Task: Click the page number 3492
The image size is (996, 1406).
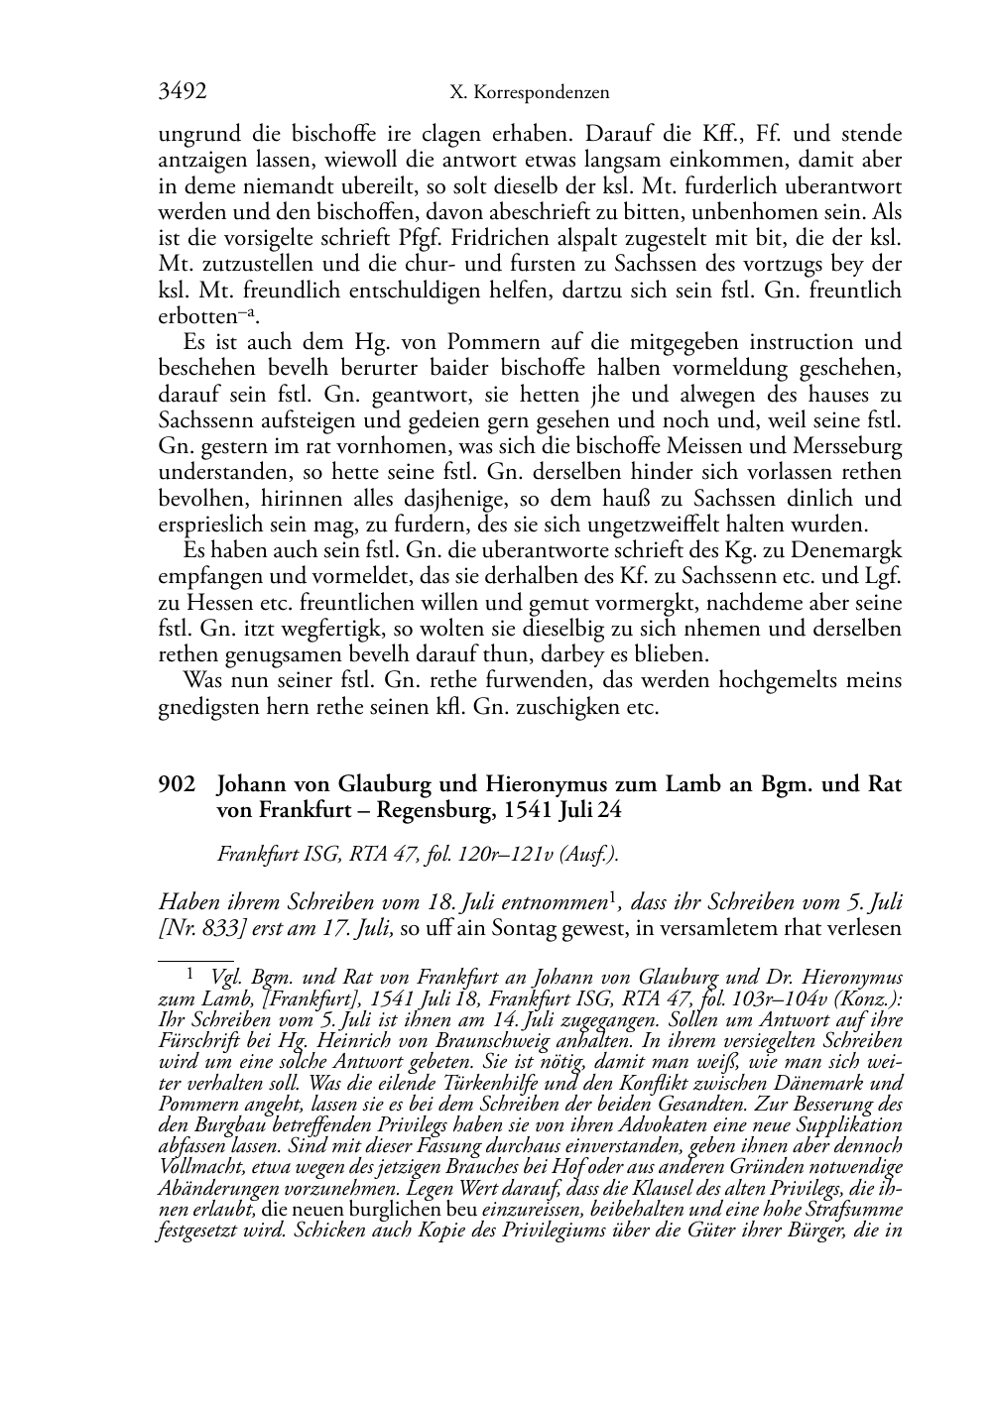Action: point(183,92)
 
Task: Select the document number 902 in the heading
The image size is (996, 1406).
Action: point(175,784)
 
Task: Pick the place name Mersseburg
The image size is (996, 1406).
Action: point(849,446)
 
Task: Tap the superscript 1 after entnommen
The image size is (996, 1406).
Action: point(613,897)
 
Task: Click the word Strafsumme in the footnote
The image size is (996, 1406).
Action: point(854,1211)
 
